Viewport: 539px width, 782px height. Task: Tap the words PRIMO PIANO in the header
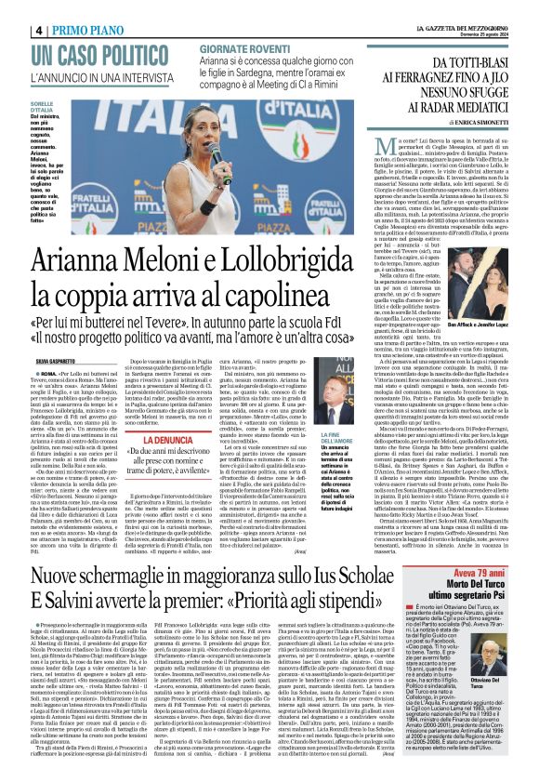coord(93,29)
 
